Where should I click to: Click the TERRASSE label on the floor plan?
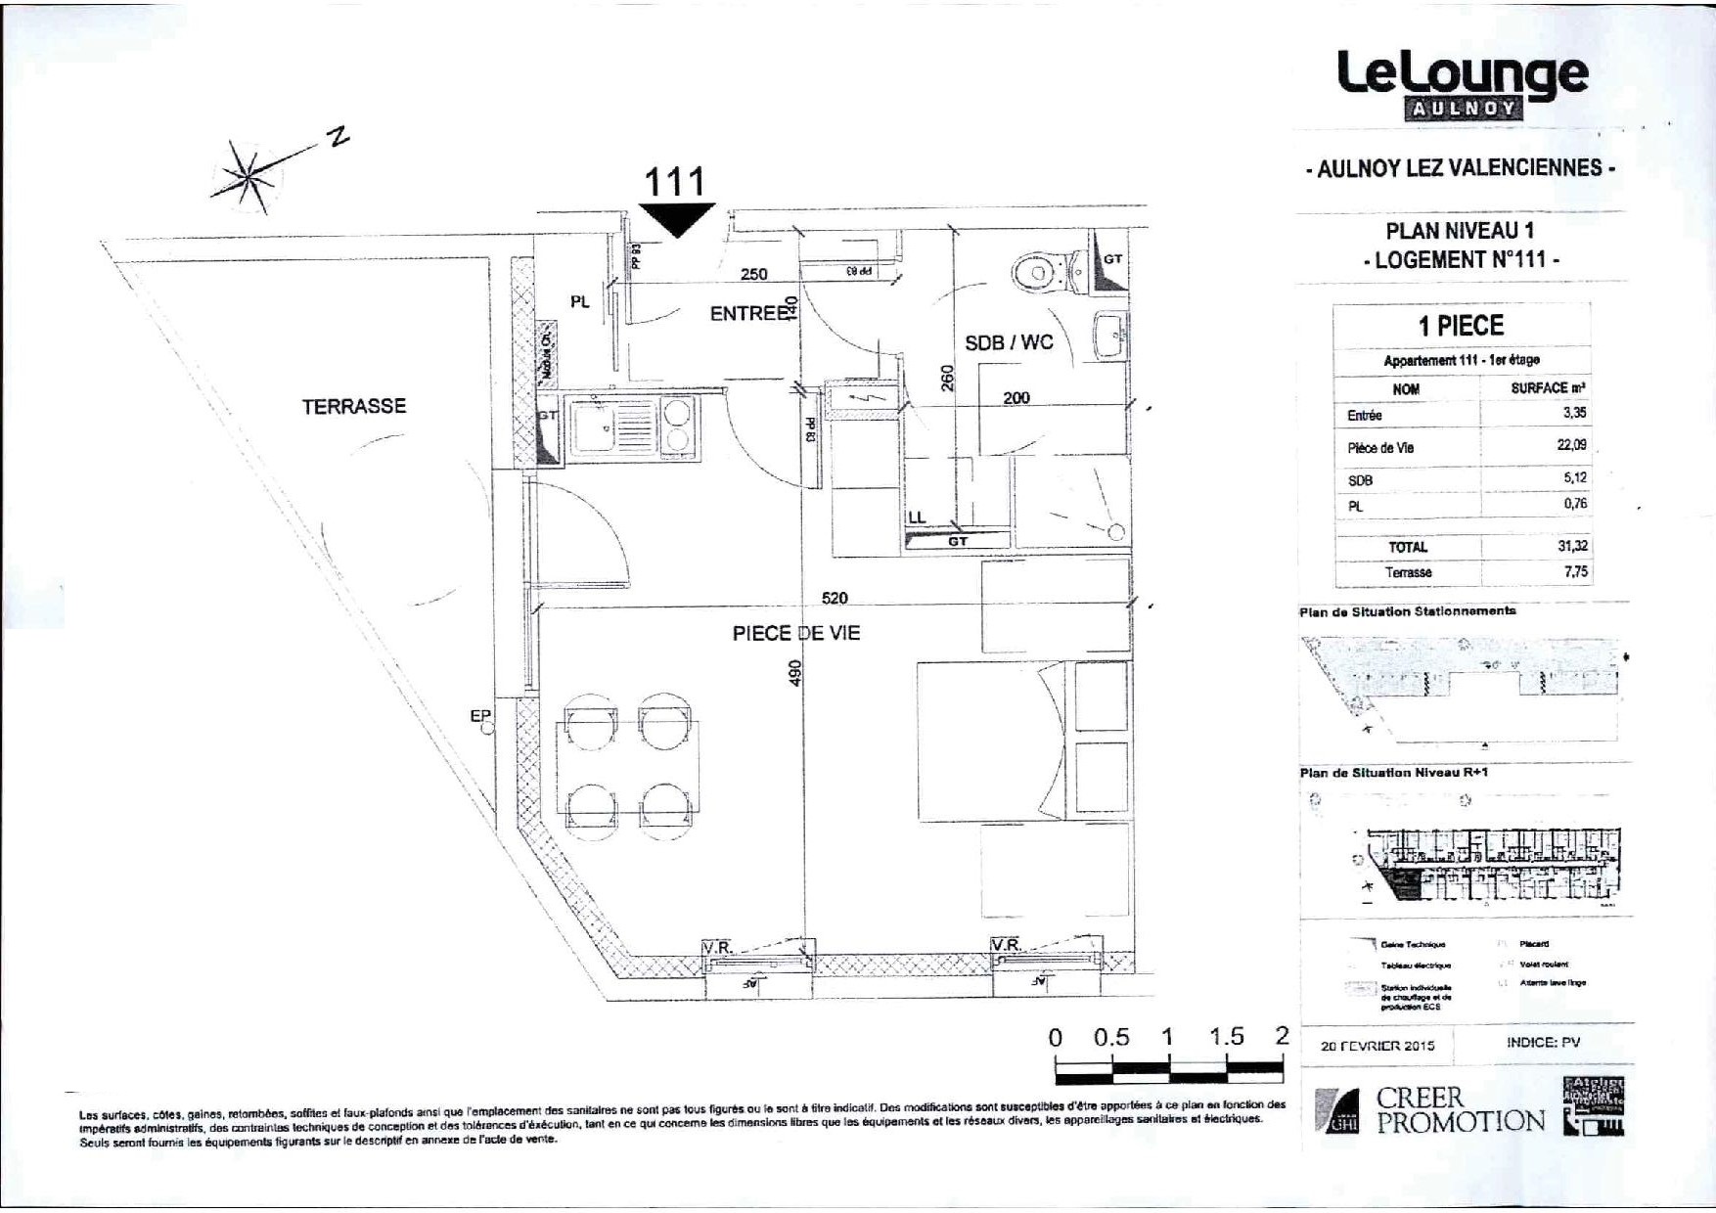353,406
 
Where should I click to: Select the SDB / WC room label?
1009,342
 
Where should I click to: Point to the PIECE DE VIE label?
796,633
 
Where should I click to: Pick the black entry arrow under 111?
677,220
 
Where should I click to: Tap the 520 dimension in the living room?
835,598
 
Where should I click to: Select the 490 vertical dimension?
794,672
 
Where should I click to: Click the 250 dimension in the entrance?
753,274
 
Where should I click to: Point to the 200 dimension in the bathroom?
1016,398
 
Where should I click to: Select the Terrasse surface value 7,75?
1575,571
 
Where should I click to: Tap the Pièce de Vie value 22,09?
1572,445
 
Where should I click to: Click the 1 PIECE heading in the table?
1461,326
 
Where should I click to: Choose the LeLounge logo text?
1463,74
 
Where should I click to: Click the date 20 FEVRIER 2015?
1377,1045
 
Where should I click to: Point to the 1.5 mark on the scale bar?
1226,1037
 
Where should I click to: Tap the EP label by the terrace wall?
479,716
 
